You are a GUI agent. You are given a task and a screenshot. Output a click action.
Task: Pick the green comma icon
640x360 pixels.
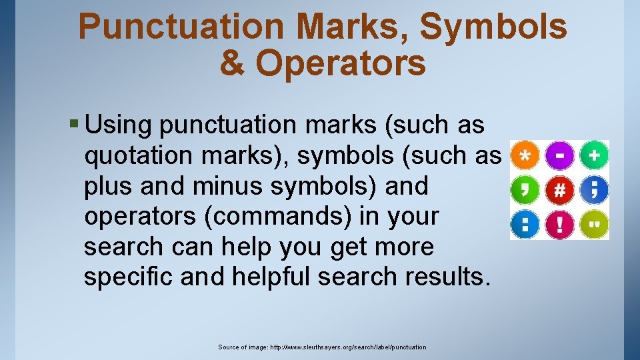tap(525, 191)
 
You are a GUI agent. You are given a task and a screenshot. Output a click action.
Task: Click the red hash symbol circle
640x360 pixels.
tap(560, 191)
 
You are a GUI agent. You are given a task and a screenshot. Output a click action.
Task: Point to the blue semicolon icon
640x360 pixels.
tap(594, 191)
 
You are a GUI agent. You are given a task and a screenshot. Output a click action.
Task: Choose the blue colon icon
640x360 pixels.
tap(525, 224)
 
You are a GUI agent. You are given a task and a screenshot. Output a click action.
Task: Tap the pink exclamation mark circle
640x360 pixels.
tap(560, 224)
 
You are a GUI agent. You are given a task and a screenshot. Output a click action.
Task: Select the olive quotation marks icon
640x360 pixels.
tap(594, 224)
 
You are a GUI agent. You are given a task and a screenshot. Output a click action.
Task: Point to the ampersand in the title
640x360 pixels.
tap(231, 63)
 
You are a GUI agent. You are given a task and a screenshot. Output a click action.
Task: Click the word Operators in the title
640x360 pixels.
tap(340, 63)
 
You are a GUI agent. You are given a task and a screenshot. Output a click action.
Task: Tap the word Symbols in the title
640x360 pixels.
tap(494, 27)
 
